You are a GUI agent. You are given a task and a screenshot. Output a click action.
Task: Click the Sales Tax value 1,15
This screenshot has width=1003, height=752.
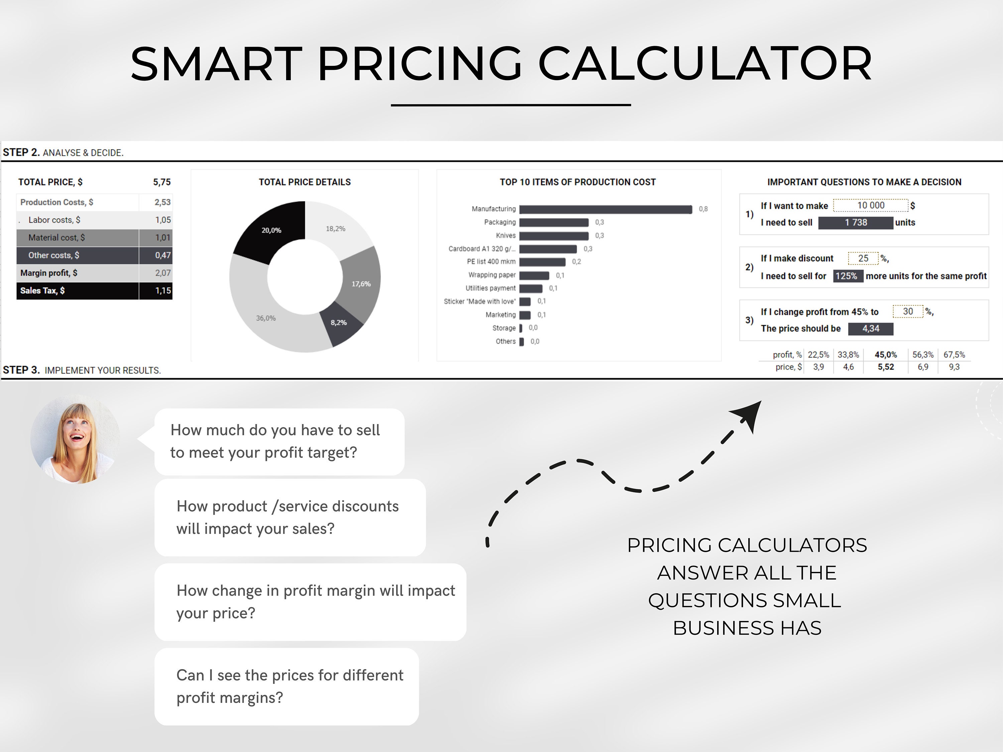click(x=163, y=290)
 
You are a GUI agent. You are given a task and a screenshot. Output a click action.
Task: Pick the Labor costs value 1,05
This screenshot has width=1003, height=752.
click(x=163, y=220)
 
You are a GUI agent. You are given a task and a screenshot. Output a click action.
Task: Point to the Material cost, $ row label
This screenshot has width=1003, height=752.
click(x=57, y=238)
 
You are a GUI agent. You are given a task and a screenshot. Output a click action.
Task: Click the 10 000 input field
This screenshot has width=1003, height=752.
click(x=871, y=205)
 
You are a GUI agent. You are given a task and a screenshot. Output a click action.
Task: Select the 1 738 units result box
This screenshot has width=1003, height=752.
click(x=856, y=223)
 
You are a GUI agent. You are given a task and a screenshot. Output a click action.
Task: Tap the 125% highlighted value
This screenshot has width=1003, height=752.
click(x=847, y=276)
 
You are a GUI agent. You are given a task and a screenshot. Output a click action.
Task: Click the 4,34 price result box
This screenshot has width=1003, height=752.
click(x=871, y=329)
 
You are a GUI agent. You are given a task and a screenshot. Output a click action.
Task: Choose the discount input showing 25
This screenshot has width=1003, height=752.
click(x=863, y=258)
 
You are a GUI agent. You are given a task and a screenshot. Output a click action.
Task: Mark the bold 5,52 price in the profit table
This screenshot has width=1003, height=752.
click(x=886, y=367)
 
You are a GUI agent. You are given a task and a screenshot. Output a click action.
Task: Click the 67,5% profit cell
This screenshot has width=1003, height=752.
click(x=954, y=355)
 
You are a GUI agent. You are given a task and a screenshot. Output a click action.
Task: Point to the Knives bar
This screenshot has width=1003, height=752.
click(x=554, y=236)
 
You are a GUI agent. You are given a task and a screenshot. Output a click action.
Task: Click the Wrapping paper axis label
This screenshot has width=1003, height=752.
click(x=492, y=275)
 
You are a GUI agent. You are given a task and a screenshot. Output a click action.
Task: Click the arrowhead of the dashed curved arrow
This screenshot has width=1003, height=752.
click(x=748, y=415)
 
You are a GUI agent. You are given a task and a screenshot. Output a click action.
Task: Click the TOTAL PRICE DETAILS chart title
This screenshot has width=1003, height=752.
click(x=305, y=182)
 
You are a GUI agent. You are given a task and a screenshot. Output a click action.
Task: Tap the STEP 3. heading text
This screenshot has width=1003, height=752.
click(x=21, y=370)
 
